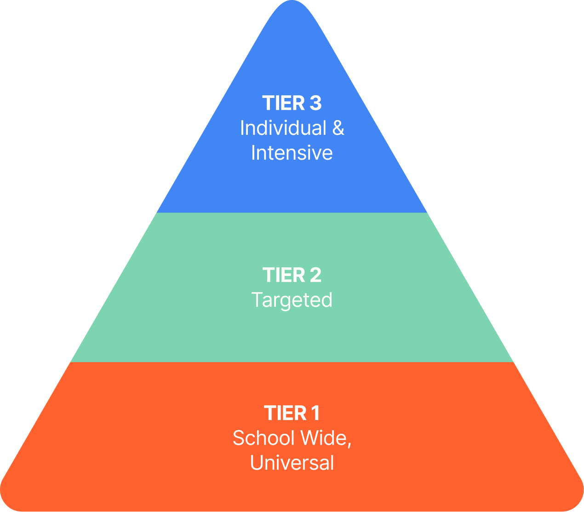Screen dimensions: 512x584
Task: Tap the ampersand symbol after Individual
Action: pyautogui.click(x=338, y=128)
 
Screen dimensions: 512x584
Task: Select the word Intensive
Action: pyautogui.click(x=292, y=153)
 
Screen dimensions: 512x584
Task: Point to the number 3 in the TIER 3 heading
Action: pyautogui.click(x=315, y=104)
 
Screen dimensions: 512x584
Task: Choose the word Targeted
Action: pyautogui.click(x=292, y=300)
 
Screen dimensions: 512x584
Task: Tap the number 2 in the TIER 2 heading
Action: pyautogui.click(x=315, y=276)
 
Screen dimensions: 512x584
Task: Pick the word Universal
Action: pyautogui.click(x=292, y=463)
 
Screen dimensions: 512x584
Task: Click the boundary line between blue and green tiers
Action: pyautogui.click(x=292, y=213)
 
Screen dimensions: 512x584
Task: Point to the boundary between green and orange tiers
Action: pyautogui.click(x=292, y=362)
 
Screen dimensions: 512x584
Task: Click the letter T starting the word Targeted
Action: pyautogui.click(x=257, y=300)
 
